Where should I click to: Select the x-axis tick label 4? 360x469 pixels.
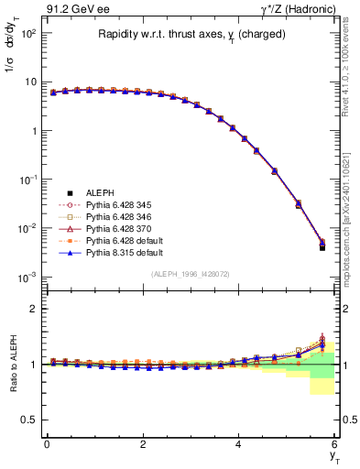click(x=239, y=444)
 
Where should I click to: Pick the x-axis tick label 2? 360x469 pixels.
click(x=143, y=444)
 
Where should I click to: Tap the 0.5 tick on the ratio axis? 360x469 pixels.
click(x=32, y=420)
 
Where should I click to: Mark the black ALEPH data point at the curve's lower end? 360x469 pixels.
click(x=322, y=247)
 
